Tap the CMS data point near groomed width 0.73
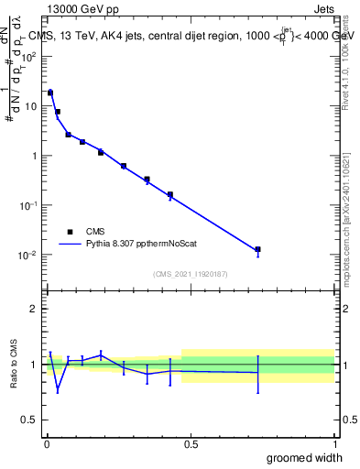pos(258,249)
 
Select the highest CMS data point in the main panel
pos(50,93)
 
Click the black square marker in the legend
pos(69,232)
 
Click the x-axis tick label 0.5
pos(191,444)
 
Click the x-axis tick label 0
pos(47,444)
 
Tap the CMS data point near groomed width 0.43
pos(170,195)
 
